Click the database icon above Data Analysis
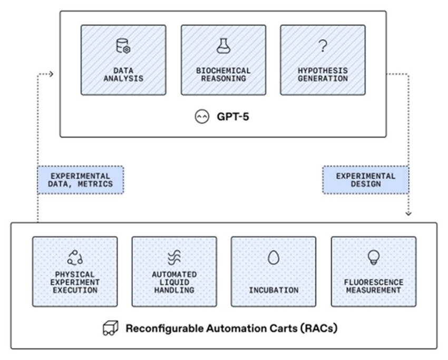click(123, 46)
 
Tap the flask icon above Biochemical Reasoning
click(223, 46)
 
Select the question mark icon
click(323, 46)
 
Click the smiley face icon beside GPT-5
click(202, 116)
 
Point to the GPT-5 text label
click(233, 116)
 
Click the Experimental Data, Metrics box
click(81, 180)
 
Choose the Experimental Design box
click(365, 180)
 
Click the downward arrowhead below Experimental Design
click(408, 213)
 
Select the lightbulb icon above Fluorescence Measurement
click(374, 257)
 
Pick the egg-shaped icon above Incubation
click(274, 257)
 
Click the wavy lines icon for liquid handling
click(174, 257)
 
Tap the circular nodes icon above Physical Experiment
click(75, 257)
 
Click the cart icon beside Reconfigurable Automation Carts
click(111, 328)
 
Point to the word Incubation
click(274, 290)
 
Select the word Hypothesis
click(323, 71)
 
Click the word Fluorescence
click(374, 283)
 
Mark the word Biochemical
click(223, 71)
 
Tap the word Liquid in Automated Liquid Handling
click(174, 283)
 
